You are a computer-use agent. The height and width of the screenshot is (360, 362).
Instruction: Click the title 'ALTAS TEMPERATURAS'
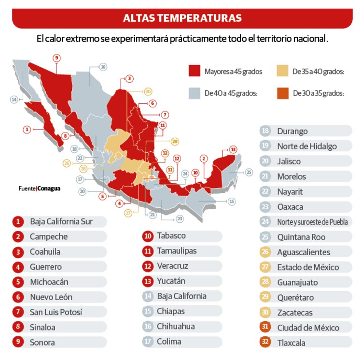(182, 18)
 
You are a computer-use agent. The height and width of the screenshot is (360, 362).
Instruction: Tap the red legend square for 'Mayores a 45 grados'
(194, 71)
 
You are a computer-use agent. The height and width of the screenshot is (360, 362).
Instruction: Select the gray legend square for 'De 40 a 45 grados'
(194, 93)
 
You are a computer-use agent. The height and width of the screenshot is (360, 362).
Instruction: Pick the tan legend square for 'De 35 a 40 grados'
(282, 71)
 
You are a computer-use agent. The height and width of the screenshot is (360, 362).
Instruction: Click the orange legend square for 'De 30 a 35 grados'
(282, 93)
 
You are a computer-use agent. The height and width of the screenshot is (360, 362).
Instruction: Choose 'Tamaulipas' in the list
(177, 251)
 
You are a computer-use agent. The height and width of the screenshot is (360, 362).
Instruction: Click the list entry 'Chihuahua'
(176, 326)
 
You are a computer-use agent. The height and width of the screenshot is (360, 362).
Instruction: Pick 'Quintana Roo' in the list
(301, 237)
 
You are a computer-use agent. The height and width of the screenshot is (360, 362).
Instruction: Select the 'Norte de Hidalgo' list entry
(307, 146)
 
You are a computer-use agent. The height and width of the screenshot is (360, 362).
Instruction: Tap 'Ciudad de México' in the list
(308, 328)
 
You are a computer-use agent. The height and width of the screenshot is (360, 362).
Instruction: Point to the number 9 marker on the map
(57, 58)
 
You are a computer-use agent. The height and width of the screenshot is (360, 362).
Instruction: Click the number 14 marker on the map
(14, 100)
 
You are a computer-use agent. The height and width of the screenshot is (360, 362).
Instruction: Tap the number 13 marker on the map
(233, 149)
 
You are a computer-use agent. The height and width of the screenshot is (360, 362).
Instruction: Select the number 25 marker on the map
(249, 172)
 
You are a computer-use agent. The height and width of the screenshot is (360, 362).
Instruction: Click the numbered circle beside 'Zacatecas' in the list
(265, 313)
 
